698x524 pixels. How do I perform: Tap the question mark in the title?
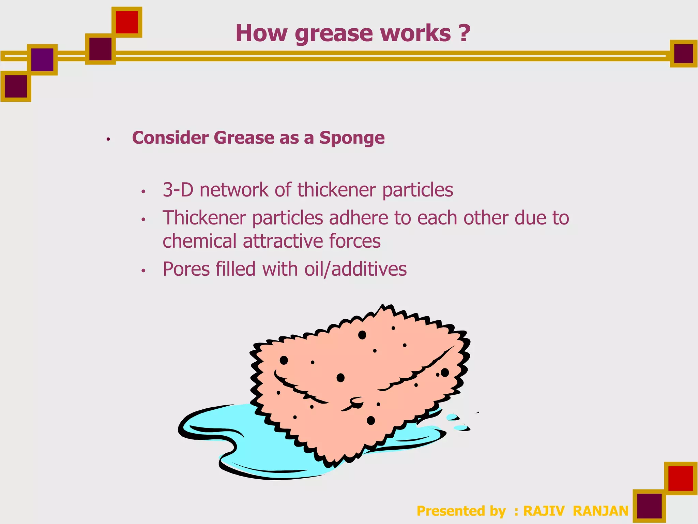coord(464,33)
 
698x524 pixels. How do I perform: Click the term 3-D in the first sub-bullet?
coord(178,190)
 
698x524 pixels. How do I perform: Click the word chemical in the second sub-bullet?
coord(199,241)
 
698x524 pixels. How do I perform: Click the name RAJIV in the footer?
coord(544,511)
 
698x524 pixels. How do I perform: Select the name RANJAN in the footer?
coord(601,511)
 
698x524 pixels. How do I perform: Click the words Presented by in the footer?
coord(461,511)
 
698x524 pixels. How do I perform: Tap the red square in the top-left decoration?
coord(127,22)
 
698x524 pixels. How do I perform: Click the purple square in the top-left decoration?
coord(42,60)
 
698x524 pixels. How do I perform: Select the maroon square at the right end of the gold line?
coord(683,54)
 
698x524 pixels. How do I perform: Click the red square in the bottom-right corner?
coord(681,478)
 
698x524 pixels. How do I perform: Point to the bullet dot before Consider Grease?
coord(108,139)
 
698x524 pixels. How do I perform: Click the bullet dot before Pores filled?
coord(143,271)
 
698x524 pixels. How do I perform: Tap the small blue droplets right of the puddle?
coord(457,422)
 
